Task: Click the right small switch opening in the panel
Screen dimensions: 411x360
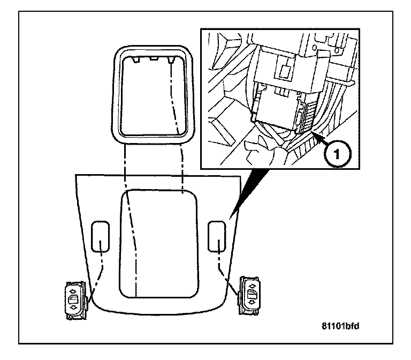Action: coord(217,236)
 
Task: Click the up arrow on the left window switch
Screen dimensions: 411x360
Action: coord(72,289)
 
